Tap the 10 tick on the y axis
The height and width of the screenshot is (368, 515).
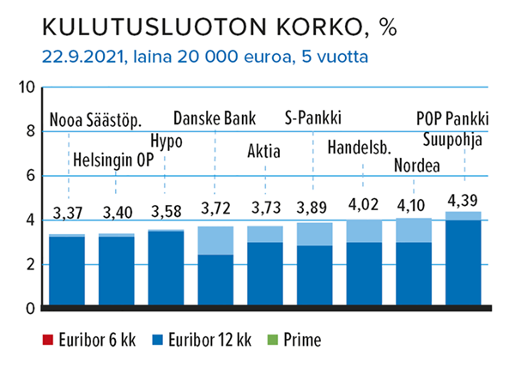click(x=26, y=87)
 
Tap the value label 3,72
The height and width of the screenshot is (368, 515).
click(x=215, y=208)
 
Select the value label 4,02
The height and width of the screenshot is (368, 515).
click(x=364, y=205)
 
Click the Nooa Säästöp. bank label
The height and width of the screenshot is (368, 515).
click(x=95, y=119)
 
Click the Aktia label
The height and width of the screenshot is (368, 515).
click(x=264, y=151)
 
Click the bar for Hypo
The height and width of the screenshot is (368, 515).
click(x=166, y=268)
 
